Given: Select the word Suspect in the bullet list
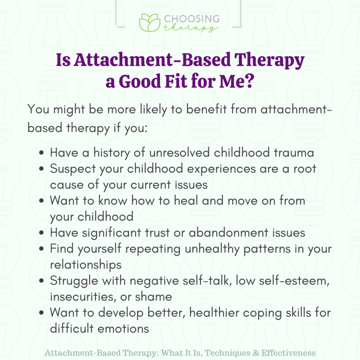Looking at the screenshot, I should pos(71,169).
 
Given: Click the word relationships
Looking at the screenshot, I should pos(85,264).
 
